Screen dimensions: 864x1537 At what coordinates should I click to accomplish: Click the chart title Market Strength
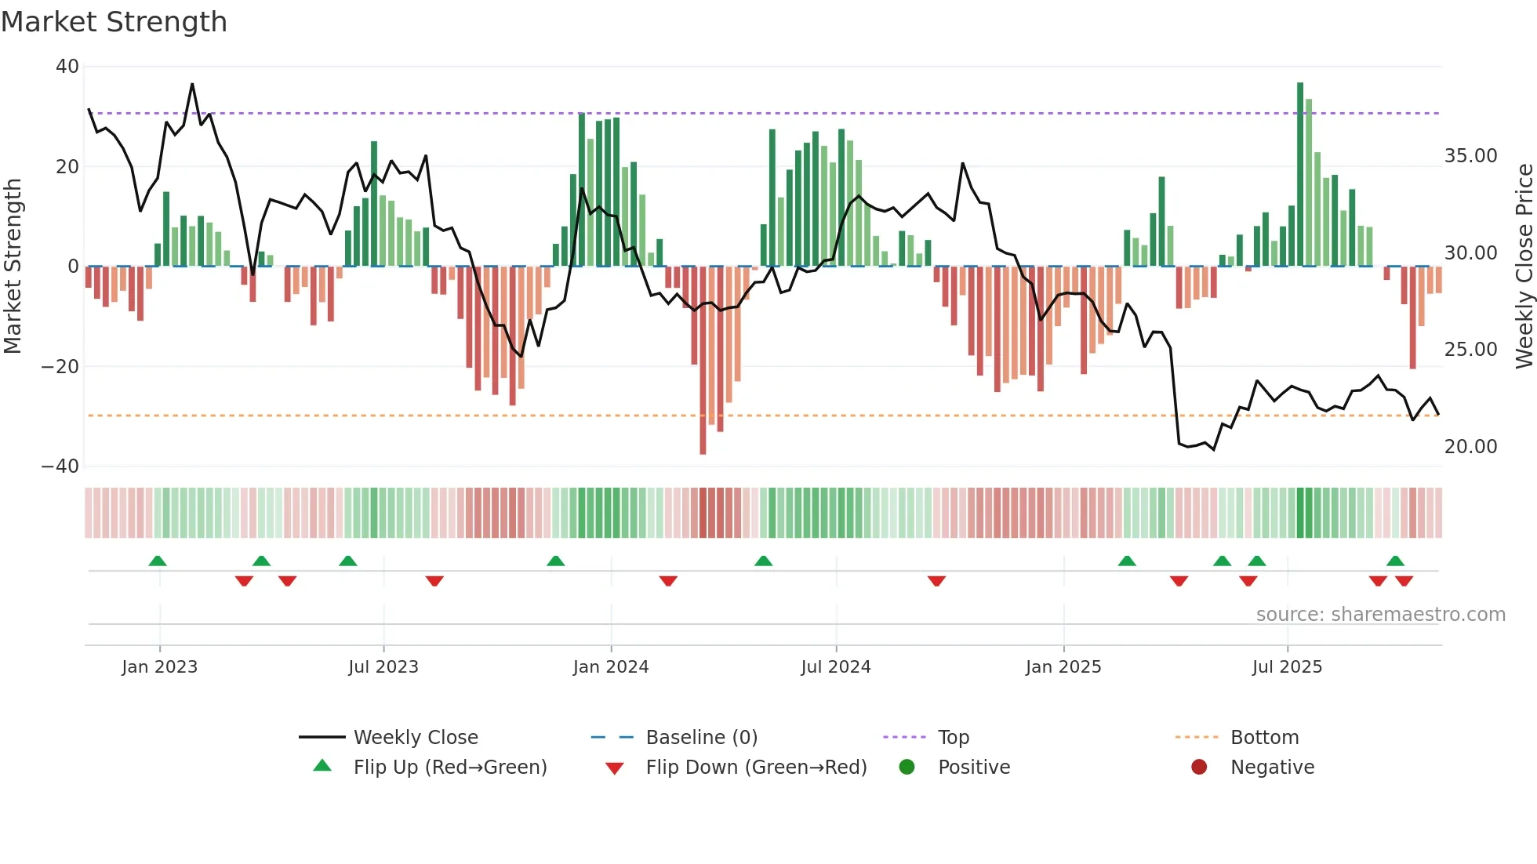click(114, 22)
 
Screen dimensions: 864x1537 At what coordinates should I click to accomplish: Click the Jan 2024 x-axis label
click(610, 667)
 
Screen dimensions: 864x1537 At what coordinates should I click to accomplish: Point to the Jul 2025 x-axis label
click(1287, 667)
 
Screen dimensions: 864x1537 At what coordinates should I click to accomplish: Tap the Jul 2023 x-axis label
click(383, 667)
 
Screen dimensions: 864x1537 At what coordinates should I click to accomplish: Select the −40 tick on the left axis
click(60, 466)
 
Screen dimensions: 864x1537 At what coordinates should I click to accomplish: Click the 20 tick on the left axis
click(67, 166)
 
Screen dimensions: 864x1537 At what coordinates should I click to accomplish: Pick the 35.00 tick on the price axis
click(1470, 156)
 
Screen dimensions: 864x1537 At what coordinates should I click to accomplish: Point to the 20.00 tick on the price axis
click(1470, 447)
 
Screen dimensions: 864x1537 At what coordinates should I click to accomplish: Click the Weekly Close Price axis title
click(1524, 266)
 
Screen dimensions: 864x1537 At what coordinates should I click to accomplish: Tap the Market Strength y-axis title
click(13, 266)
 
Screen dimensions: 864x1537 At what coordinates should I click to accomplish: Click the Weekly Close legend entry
click(415, 738)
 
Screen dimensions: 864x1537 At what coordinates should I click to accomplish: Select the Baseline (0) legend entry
click(701, 738)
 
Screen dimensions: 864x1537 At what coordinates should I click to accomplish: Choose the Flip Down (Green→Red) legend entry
click(755, 768)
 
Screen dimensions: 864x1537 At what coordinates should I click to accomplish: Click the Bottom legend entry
click(1264, 738)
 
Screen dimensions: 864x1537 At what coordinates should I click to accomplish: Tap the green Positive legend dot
click(907, 768)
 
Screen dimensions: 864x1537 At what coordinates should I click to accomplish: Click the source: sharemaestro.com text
click(1380, 615)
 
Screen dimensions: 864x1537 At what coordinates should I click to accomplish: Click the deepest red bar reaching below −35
click(703, 361)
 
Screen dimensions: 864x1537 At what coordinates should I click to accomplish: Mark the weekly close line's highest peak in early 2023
click(192, 84)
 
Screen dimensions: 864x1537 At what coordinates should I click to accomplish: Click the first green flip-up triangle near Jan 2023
click(158, 561)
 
